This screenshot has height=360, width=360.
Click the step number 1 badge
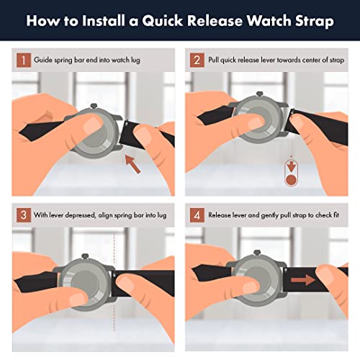24,60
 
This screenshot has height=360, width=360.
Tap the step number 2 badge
197,60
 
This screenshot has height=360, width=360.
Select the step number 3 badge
24,215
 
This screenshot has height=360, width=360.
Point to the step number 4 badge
197,215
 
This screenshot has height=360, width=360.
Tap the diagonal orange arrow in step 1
133,164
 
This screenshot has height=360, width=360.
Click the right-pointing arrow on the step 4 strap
303,280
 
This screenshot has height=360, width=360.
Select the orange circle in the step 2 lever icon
291,179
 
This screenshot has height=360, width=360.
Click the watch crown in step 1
94,106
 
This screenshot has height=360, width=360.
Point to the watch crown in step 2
260,94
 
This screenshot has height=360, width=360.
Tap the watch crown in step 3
85,256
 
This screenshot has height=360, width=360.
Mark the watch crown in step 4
257,253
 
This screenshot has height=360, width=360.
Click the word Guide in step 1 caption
43,60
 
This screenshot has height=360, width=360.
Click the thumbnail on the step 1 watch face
94,124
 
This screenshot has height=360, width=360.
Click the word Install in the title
104,21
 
